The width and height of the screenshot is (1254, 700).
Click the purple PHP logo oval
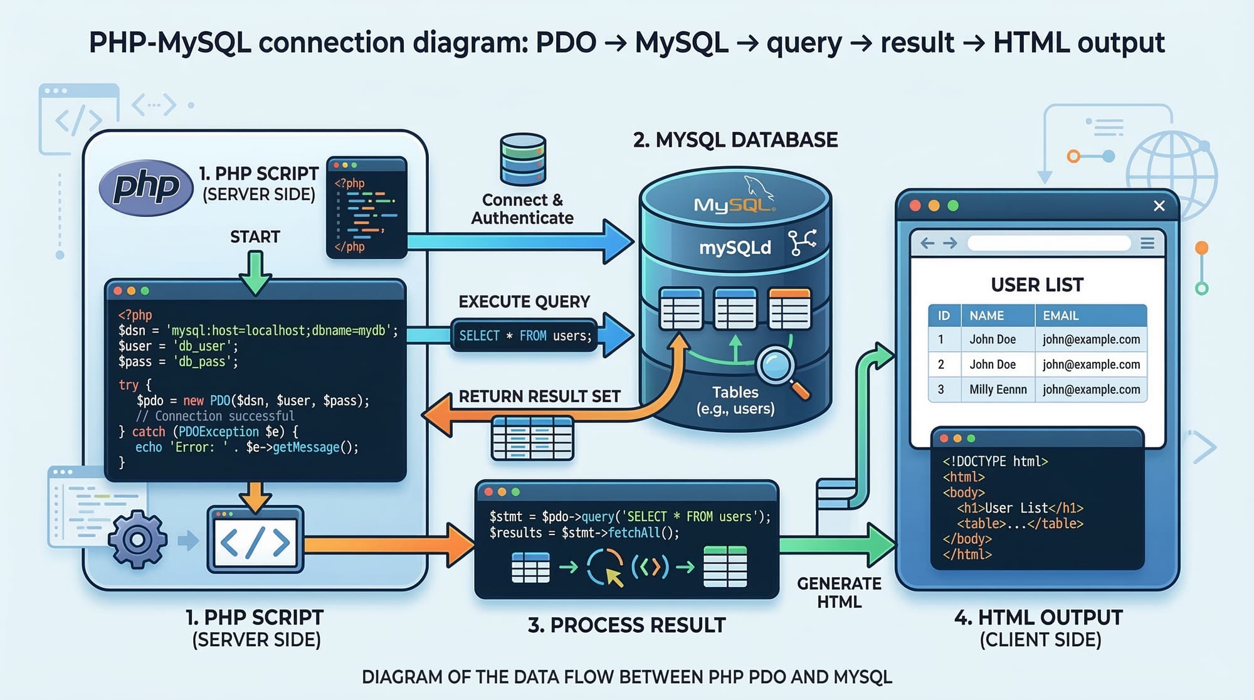pos(146,187)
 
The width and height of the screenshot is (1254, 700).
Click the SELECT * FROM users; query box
pos(525,336)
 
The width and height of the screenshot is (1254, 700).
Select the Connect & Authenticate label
pos(522,209)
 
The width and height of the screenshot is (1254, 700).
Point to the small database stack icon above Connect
pos(523,159)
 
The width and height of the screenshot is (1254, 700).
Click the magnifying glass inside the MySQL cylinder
pos(777,366)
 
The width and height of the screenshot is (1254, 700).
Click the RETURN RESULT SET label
pos(539,396)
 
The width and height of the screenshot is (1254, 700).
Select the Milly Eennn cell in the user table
pos(998,390)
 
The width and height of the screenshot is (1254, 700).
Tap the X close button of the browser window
pos(1159,206)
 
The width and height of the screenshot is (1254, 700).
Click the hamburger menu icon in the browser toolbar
pos(1147,243)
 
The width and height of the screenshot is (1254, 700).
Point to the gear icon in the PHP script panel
pos(137,539)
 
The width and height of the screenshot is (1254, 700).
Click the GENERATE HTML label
pos(839,592)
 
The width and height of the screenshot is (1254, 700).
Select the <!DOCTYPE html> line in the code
pos(995,461)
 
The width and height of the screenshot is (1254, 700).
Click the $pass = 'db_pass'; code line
pos(178,361)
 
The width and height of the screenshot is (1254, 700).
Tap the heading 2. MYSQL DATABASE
pos(735,140)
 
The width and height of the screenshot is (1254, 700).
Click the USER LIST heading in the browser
pos(1036,285)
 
